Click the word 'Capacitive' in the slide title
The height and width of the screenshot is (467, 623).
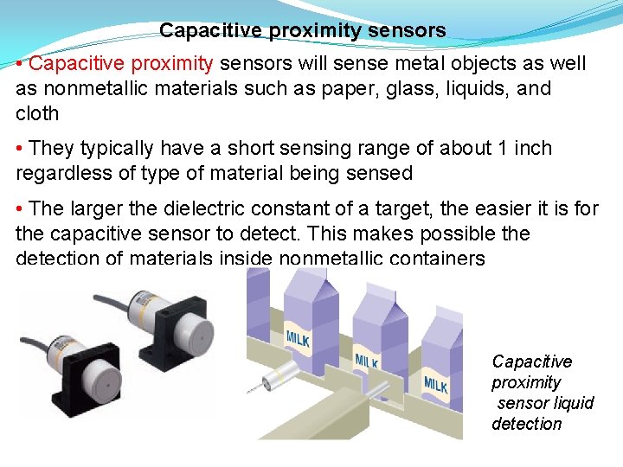point(211,31)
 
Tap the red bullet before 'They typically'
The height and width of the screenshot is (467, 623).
point(21,149)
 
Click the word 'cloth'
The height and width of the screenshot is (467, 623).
point(37,113)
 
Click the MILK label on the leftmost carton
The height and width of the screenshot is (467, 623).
point(298,336)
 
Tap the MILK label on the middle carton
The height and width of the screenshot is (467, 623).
point(366,359)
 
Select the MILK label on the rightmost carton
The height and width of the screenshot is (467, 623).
point(435,382)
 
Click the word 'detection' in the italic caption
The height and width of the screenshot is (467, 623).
point(526,424)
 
